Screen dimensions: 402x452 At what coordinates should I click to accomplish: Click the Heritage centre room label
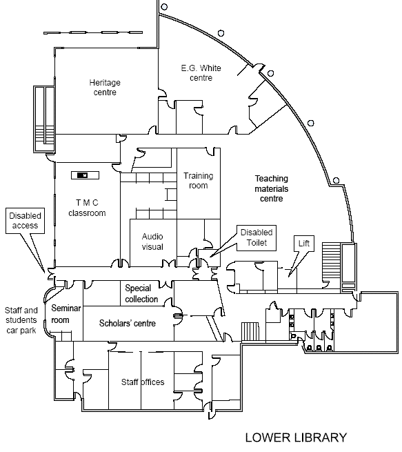click(x=105, y=88)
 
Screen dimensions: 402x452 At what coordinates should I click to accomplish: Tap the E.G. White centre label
click(x=201, y=72)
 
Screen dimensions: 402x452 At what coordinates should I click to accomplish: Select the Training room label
click(x=199, y=180)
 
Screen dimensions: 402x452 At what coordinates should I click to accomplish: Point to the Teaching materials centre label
click(x=271, y=188)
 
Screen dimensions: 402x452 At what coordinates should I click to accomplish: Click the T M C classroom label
click(x=87, y=208)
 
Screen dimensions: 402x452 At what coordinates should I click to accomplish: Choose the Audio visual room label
click(x=152, y=242)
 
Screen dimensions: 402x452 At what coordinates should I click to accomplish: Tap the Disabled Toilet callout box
click(x=257, y=238)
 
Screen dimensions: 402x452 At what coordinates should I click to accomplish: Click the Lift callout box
click(x=304, y=244)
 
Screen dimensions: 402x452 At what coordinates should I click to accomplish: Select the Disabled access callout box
click(x=25, y=221)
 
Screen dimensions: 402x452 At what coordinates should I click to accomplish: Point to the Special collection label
click(x=141, y=293)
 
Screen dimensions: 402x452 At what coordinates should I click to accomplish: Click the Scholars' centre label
click(x=128, y=323)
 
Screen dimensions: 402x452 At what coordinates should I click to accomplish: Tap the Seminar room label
click(x=66, y=314)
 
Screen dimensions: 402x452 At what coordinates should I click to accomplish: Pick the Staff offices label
click(x=143, y=382)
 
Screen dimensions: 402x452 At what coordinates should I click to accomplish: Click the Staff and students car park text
click(x=21, y=320)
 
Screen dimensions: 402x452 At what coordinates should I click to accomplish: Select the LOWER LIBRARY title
click(x=296, y=438)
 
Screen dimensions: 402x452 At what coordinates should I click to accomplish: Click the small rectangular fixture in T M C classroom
click(x=85, y=175)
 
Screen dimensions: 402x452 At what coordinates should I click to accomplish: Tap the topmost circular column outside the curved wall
click(x=164, y=6)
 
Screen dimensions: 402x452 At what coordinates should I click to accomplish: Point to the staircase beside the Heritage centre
click(x=44, y=119)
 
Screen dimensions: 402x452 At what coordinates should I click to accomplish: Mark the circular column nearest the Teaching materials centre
click(x=336, y=180)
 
